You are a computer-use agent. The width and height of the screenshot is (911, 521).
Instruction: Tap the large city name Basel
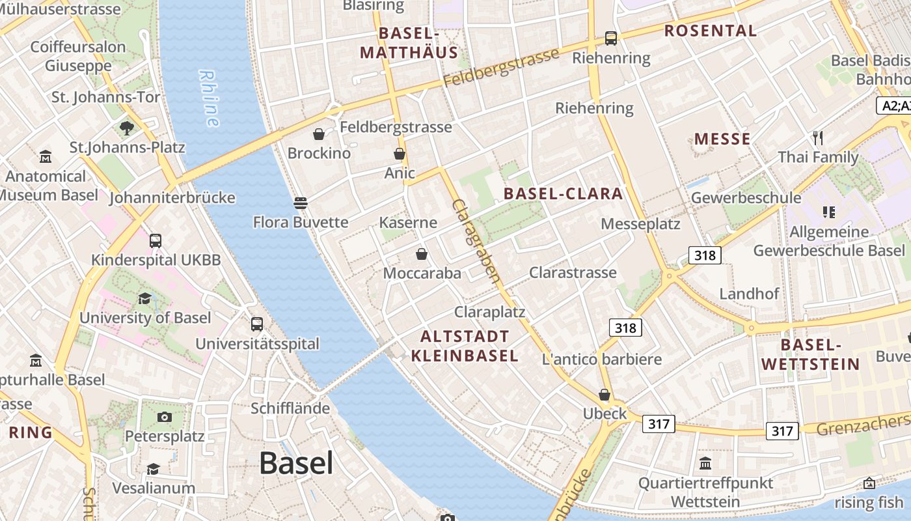point(296,463)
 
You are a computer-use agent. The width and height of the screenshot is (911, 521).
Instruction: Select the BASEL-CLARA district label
point(564,193)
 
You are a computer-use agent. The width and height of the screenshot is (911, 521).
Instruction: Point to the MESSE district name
point(722,139)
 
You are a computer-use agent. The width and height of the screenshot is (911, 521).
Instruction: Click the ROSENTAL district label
point(711,31)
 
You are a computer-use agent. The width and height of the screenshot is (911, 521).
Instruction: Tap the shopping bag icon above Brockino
point(319,134)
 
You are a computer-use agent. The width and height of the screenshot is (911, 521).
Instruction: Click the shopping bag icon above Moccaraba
point(422,254)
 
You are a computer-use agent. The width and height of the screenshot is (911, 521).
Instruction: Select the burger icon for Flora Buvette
point(300,203)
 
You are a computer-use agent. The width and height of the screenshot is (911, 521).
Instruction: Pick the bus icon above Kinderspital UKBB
point(156,240)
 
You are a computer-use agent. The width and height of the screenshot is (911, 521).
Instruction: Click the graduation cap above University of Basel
point(144,298)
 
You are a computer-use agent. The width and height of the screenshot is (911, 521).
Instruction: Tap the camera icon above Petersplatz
point(165,417)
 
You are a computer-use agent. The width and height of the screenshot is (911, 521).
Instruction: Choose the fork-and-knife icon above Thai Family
point(818,137)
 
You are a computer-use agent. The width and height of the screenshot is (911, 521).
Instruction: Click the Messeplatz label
point(640,224)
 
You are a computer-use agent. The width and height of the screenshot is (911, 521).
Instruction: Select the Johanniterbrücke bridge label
point(172,197)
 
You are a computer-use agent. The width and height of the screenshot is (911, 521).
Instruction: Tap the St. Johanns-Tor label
point(105,97)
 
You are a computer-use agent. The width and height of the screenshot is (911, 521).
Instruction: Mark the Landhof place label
point(749,294)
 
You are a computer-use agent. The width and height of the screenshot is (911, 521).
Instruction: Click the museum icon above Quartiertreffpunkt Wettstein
point(705,464)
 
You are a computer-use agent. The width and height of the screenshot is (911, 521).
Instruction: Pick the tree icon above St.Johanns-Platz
point(127,128)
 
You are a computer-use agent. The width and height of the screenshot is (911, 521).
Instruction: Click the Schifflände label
point(290,408)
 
